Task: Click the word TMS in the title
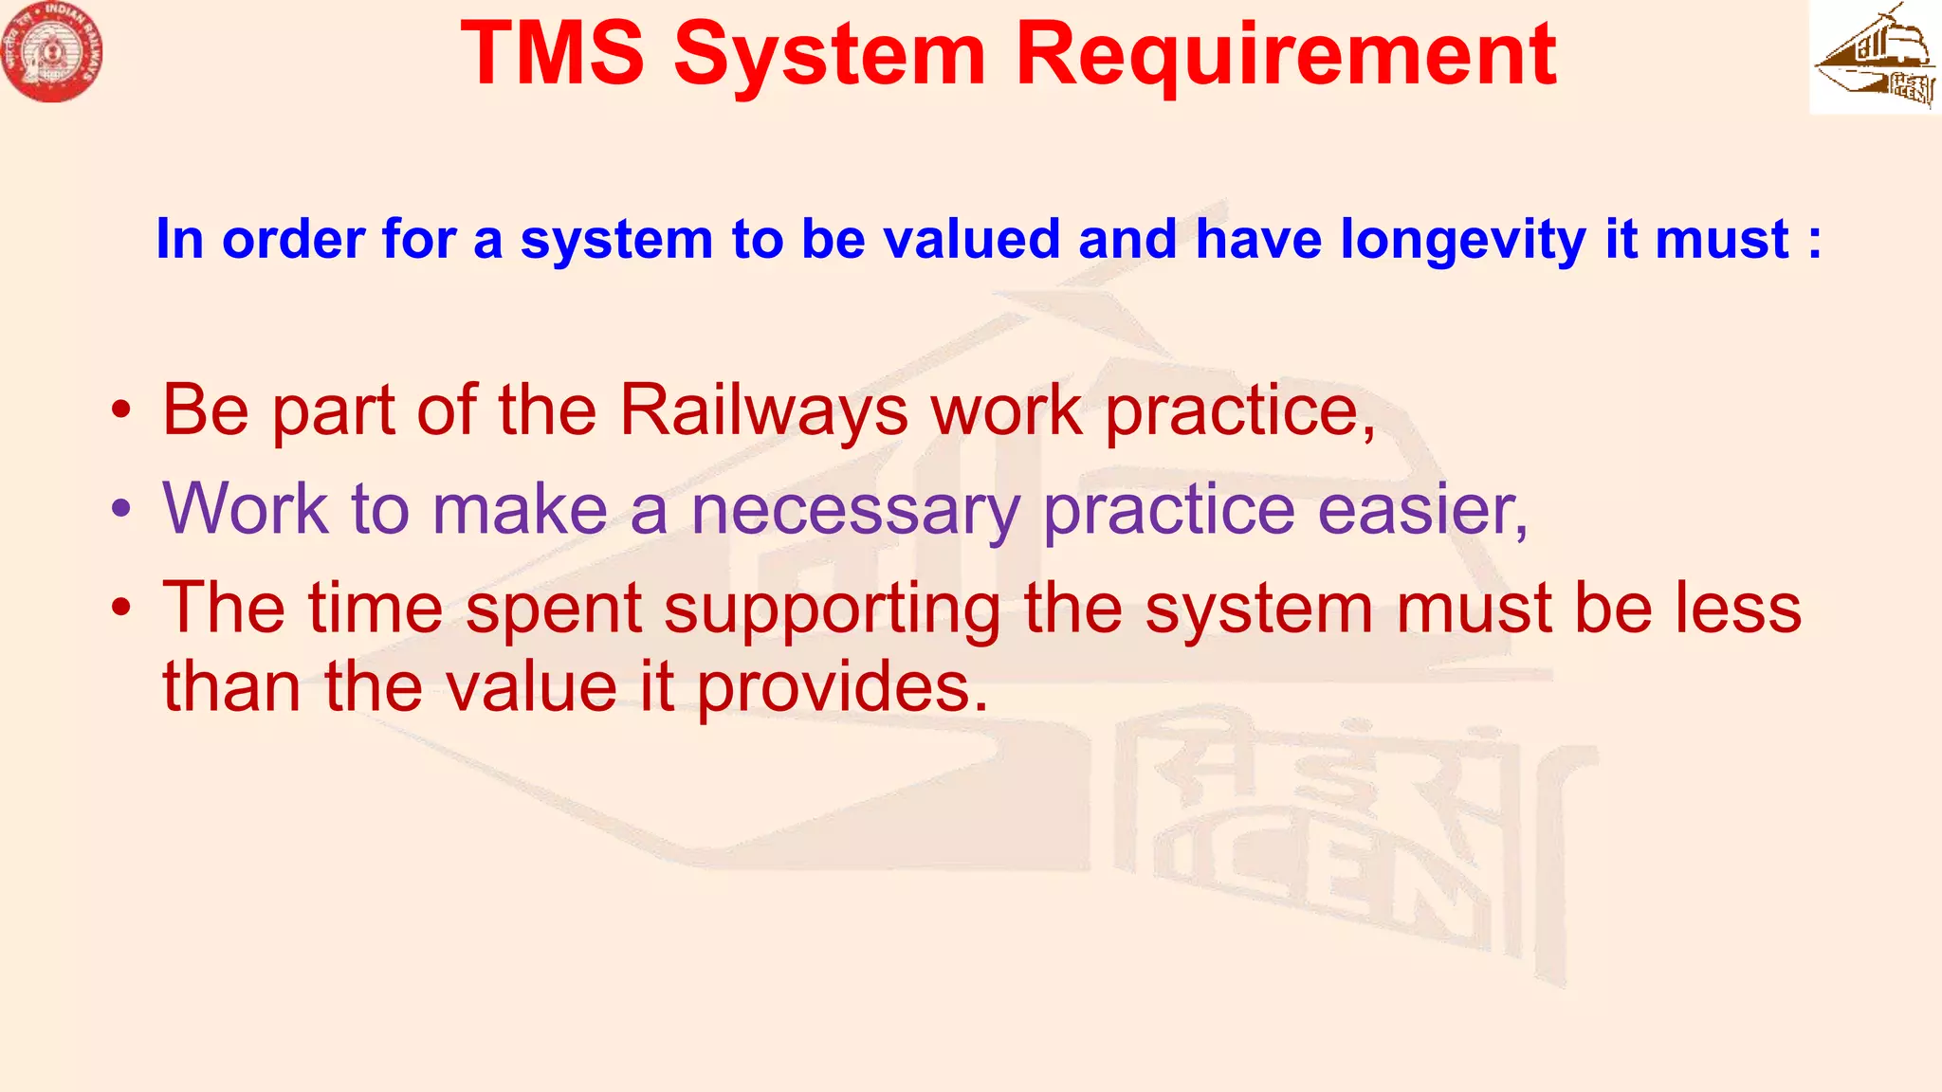pos(553,54)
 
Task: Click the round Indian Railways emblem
pos(52,52)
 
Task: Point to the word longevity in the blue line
pos(1462,239)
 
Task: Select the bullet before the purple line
pos(120,511)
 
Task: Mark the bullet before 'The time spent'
pos(120,610)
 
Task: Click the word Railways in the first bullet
pos(763,411)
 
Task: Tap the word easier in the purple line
pos(1422,511)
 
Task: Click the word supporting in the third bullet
pos(832,610)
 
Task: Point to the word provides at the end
pos(842,687)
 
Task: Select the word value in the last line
pos(531,687)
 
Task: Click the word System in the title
pos(829,54)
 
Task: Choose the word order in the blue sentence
pos(293,239)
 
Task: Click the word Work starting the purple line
pos(246,510)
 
